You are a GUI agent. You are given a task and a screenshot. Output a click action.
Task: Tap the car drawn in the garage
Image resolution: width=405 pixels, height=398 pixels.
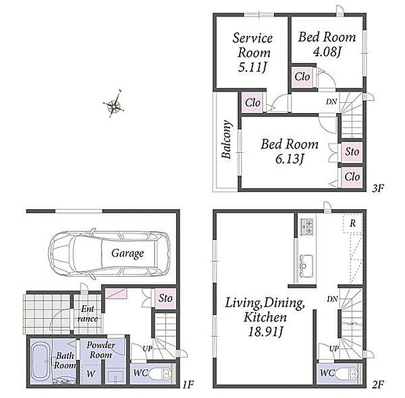pos(109,254)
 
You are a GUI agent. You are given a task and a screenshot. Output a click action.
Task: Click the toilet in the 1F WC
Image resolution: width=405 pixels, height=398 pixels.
pos(163,373)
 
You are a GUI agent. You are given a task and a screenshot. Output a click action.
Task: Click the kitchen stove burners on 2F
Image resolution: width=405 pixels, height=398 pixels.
pos(307,227)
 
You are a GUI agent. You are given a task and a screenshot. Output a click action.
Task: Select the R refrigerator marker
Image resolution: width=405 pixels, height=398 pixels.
pos(353,223)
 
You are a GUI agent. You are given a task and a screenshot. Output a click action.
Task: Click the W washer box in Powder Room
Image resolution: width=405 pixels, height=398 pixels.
pos(91,374)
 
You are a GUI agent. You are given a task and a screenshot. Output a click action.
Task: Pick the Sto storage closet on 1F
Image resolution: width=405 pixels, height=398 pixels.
pos(165,298)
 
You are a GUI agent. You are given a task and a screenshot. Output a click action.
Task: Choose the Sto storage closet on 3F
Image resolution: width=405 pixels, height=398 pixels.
pos(352,152)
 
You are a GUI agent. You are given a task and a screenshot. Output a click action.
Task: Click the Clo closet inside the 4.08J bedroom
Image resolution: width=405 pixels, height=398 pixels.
pos(302,77)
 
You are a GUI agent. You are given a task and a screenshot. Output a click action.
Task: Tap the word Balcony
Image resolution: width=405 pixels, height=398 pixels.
pos(226,139)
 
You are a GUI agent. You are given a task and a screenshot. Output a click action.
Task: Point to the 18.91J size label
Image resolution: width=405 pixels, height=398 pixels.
pos(266,332)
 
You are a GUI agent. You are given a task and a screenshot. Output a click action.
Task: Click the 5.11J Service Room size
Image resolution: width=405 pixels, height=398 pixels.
pos(252,68)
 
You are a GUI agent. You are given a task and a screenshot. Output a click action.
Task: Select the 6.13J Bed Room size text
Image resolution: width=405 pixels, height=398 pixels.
pos(290,159)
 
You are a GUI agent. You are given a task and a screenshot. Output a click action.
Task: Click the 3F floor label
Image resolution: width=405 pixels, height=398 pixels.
pos(378,188)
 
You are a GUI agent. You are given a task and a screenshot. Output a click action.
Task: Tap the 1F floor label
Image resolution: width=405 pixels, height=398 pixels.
pos(188,385)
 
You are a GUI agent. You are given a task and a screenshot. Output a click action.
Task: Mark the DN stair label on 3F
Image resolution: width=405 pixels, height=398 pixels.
pos(331,102)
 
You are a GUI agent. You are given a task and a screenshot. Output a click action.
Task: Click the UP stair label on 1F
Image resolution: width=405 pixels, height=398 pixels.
pos(148,349)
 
